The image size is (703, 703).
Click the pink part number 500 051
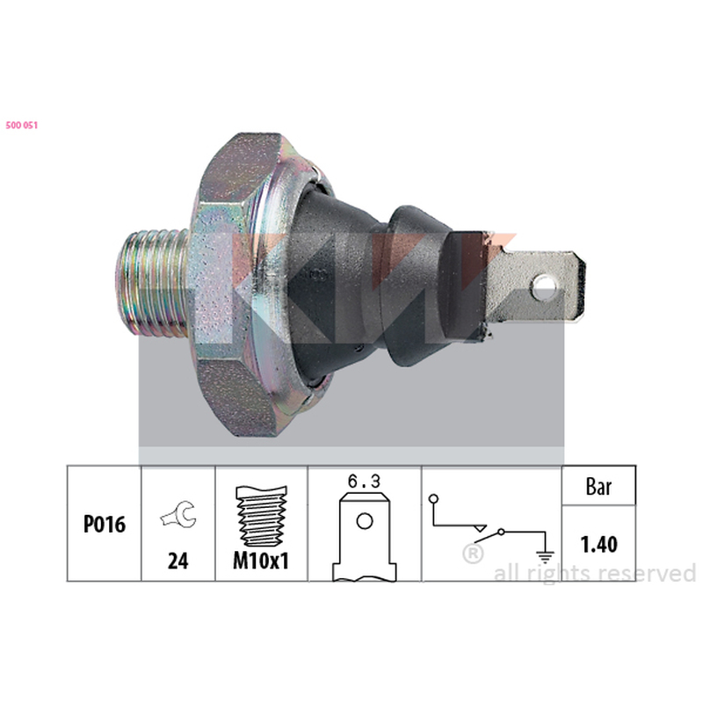pyautogui.click(x=21, y=125)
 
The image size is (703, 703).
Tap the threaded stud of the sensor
pyautogui.click(x=151, y=283)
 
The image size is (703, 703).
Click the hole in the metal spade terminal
pyautogui.click(x=544, y=287)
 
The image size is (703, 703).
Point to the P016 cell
pyautogui.click(x=105, y=524)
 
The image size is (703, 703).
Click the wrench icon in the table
pyautogui.click(x=178, y=515)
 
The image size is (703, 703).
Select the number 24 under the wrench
pyautogui.click(x=178, y=561)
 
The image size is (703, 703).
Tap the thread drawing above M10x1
pyautogui.click(x=261, y=516)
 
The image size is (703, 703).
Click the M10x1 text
pyautogui.click(x=261, y=561)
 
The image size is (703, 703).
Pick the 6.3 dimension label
pyautogui.click(x=364, y=482)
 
